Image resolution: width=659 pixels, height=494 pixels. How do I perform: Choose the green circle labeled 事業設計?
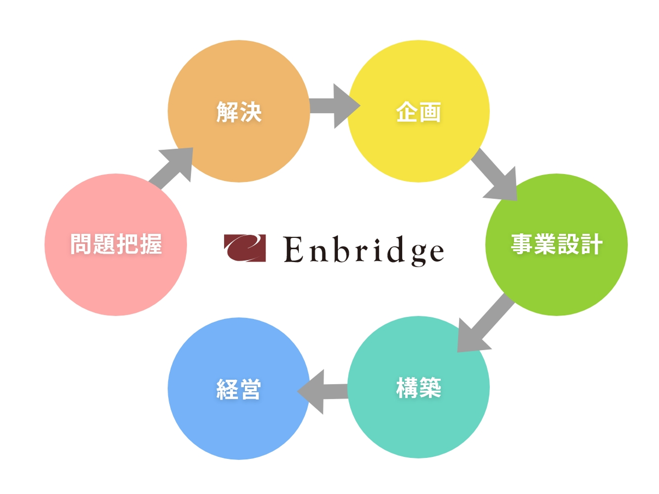[x=556, y=279]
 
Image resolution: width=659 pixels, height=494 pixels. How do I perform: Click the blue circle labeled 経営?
[x=238, y=425]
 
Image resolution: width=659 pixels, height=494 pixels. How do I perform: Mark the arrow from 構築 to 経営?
[x=323, y=392]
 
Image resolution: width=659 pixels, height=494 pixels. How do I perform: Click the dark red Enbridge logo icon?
[x=245, y=248]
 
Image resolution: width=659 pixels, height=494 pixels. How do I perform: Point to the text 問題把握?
[x=116, y=244]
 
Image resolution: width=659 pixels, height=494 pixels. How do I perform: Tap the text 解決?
[x=239, y=112]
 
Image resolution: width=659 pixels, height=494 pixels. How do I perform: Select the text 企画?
[x=418, y=112]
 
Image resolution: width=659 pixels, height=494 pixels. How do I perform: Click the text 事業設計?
[x=556, y=244]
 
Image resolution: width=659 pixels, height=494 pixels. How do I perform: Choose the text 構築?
[x=418, y=388]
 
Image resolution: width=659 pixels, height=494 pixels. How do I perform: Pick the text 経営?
[x=238, y=389]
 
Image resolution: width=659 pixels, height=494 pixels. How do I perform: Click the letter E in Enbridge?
[x=293, y=249]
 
